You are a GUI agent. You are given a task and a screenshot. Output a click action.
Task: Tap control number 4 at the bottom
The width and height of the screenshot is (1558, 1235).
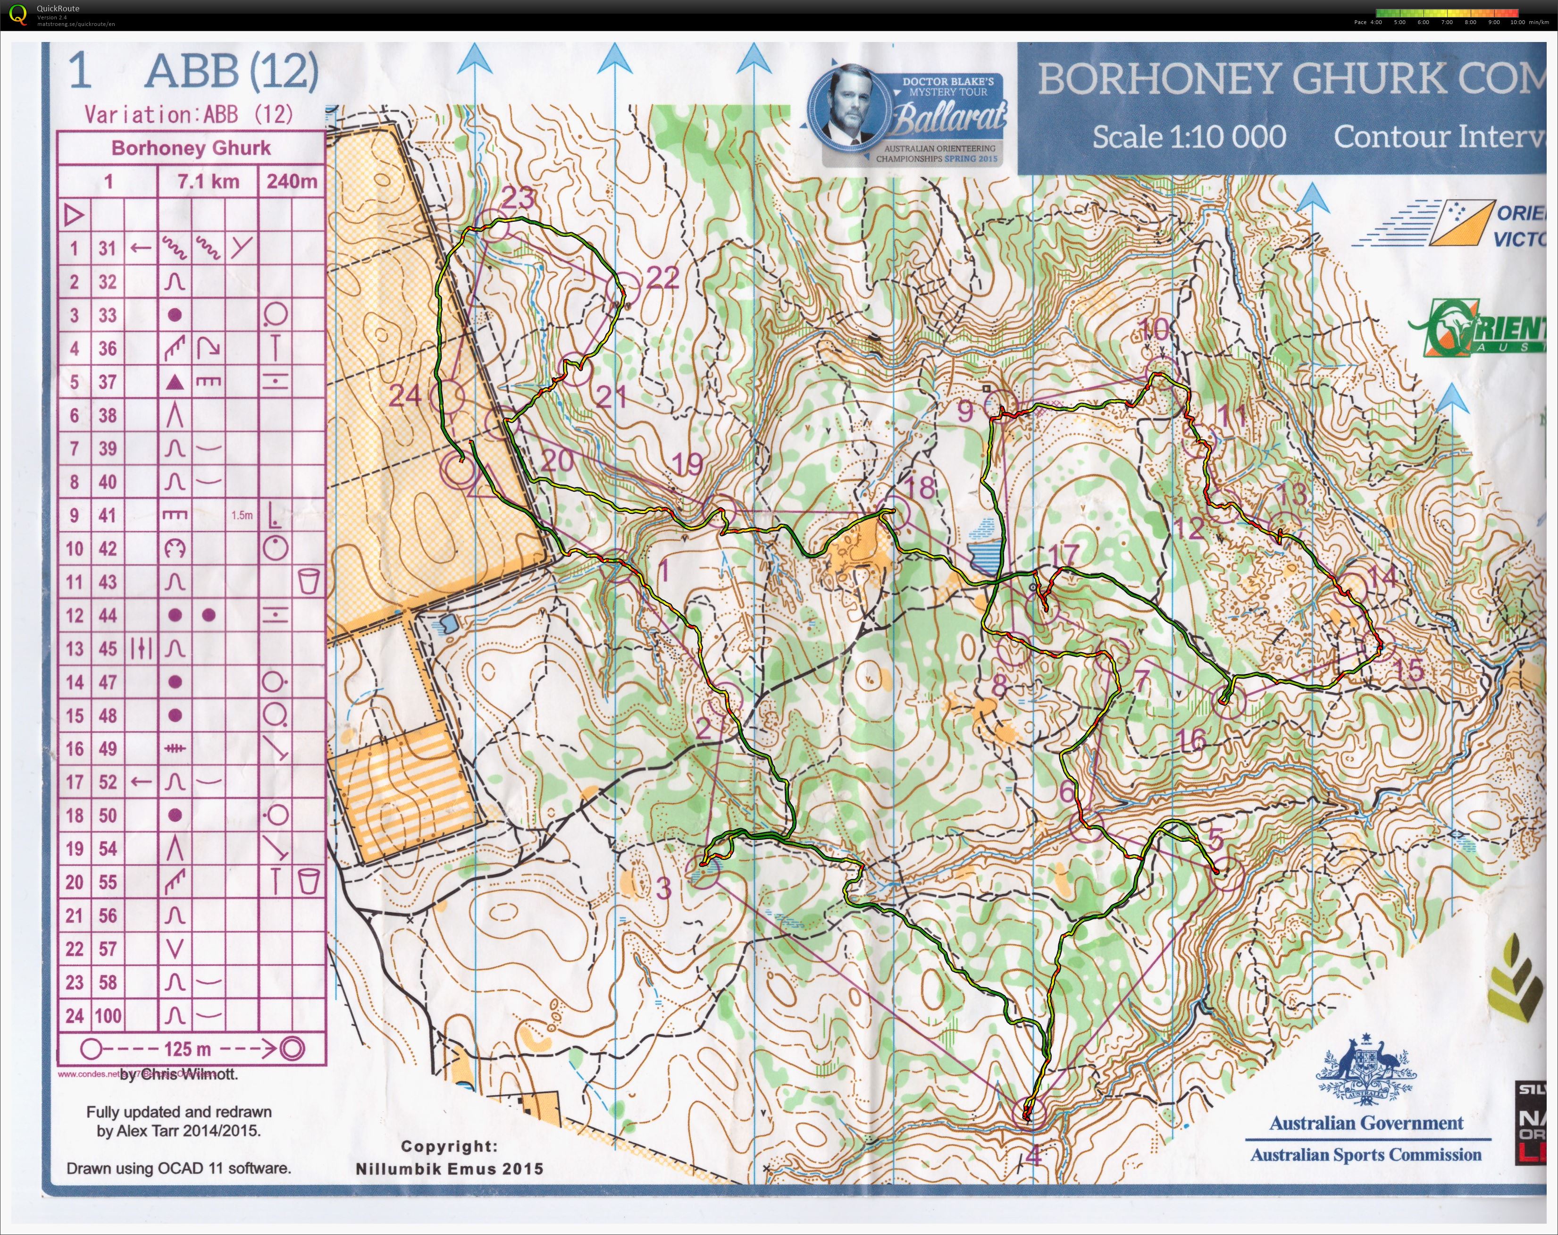click(1033, 1155)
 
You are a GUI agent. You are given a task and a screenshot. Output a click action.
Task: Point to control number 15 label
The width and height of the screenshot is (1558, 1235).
click(1408, 670)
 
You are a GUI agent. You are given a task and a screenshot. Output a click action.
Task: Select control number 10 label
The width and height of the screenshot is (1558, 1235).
click(1154, 329)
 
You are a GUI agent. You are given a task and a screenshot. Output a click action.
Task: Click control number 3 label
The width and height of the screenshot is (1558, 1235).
click(663, 888)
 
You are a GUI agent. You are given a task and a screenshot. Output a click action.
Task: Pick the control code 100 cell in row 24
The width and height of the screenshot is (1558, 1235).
click(108, 1015)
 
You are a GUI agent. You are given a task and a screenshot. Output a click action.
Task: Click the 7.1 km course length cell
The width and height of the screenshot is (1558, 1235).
click(208, 181)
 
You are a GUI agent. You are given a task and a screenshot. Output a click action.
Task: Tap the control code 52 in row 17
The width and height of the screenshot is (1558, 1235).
click(108, 782)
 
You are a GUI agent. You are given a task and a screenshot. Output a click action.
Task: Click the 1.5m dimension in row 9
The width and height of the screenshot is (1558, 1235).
click(242, 515)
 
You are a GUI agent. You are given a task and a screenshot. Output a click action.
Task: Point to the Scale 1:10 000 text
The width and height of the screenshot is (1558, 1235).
click(1189, 136)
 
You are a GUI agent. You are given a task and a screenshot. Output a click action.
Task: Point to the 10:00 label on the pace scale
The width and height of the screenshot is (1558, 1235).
click(1517, 22)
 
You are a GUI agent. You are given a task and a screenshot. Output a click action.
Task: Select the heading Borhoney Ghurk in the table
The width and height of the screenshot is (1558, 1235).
click(191, 148)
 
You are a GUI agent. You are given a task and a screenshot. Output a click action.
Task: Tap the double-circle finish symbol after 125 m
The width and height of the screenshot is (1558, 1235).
click(293, 1049)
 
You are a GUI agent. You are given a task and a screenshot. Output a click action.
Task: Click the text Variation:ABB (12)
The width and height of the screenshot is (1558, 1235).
click(189, 114)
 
